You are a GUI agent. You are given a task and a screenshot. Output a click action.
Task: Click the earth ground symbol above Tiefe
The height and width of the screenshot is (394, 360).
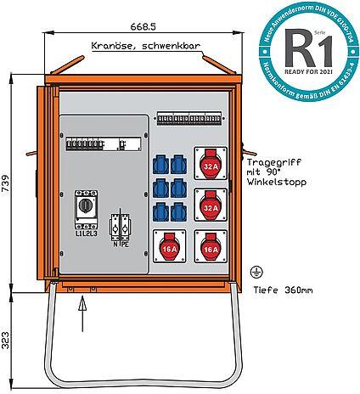click(253, 272)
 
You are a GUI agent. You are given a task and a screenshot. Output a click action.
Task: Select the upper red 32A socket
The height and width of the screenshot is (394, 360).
click(210, 164)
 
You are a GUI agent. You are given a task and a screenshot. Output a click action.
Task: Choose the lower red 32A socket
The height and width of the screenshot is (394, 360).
click(210, 204)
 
